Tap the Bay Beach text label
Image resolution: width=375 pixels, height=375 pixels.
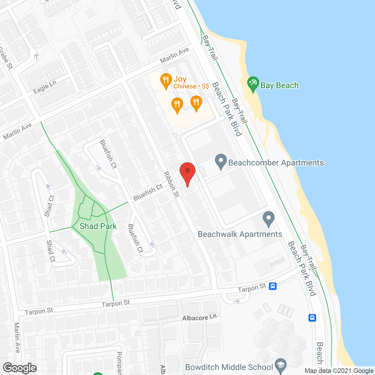click(279, 85)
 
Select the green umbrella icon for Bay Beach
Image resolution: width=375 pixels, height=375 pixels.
click(253, 83)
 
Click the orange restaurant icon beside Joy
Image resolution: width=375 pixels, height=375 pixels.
click(166, 80)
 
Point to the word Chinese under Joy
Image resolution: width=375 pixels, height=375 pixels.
click(185, 86)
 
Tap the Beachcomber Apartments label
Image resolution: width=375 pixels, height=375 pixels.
click(276, 163)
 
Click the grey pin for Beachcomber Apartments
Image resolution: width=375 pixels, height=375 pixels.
click(221, 161)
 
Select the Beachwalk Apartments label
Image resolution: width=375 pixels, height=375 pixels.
click(240, 234)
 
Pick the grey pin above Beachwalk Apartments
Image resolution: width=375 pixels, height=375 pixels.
click(268, 219)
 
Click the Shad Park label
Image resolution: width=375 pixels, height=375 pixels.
click(98, 226)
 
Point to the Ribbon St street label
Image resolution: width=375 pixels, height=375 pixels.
click(172, 184)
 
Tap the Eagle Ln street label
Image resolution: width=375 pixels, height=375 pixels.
click(45, 87)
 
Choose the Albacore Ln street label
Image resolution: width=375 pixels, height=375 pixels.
click(200, 318)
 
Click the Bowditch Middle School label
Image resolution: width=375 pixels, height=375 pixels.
click(229, 367)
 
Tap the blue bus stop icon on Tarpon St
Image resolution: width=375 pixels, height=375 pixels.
click(273, 286)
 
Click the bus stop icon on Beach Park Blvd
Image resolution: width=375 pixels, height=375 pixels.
click(312, 318)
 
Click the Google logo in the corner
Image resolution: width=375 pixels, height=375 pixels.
click(20, 368)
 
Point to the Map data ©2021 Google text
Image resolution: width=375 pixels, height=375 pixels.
click(339, 371)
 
